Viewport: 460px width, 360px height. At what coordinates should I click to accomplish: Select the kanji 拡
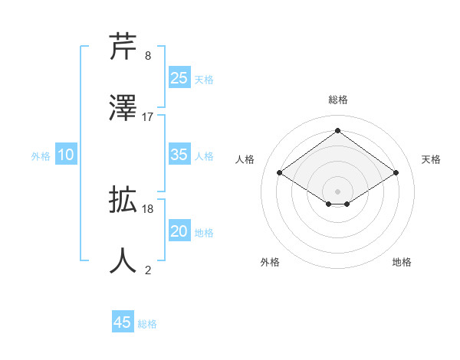[123, 200]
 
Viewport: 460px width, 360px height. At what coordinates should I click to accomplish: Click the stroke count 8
[148, 56]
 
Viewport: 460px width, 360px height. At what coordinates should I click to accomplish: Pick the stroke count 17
[148, 116]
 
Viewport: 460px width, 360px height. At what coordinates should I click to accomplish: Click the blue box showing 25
[179, 77]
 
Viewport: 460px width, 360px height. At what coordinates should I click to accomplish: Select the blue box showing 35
[179, 154]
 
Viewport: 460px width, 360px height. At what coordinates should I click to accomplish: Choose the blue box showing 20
[179, 231]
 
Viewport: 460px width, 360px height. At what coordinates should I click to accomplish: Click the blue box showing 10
[66, 155]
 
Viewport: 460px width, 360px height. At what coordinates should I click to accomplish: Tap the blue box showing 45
[122, 322]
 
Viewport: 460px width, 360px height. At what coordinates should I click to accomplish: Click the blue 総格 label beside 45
[147, 324]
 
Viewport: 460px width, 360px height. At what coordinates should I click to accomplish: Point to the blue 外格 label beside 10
[41, 156]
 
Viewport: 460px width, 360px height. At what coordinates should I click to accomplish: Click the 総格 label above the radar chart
[337, 100]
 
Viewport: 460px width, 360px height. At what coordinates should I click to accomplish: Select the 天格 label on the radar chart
[431, 159]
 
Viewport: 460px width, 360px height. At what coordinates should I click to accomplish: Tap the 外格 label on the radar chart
[270, 262]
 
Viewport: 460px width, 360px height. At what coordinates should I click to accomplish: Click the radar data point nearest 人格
[280, 173]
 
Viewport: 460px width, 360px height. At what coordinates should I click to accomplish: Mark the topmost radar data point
[337, 130]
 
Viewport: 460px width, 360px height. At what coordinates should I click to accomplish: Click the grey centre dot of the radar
[337, 191]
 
